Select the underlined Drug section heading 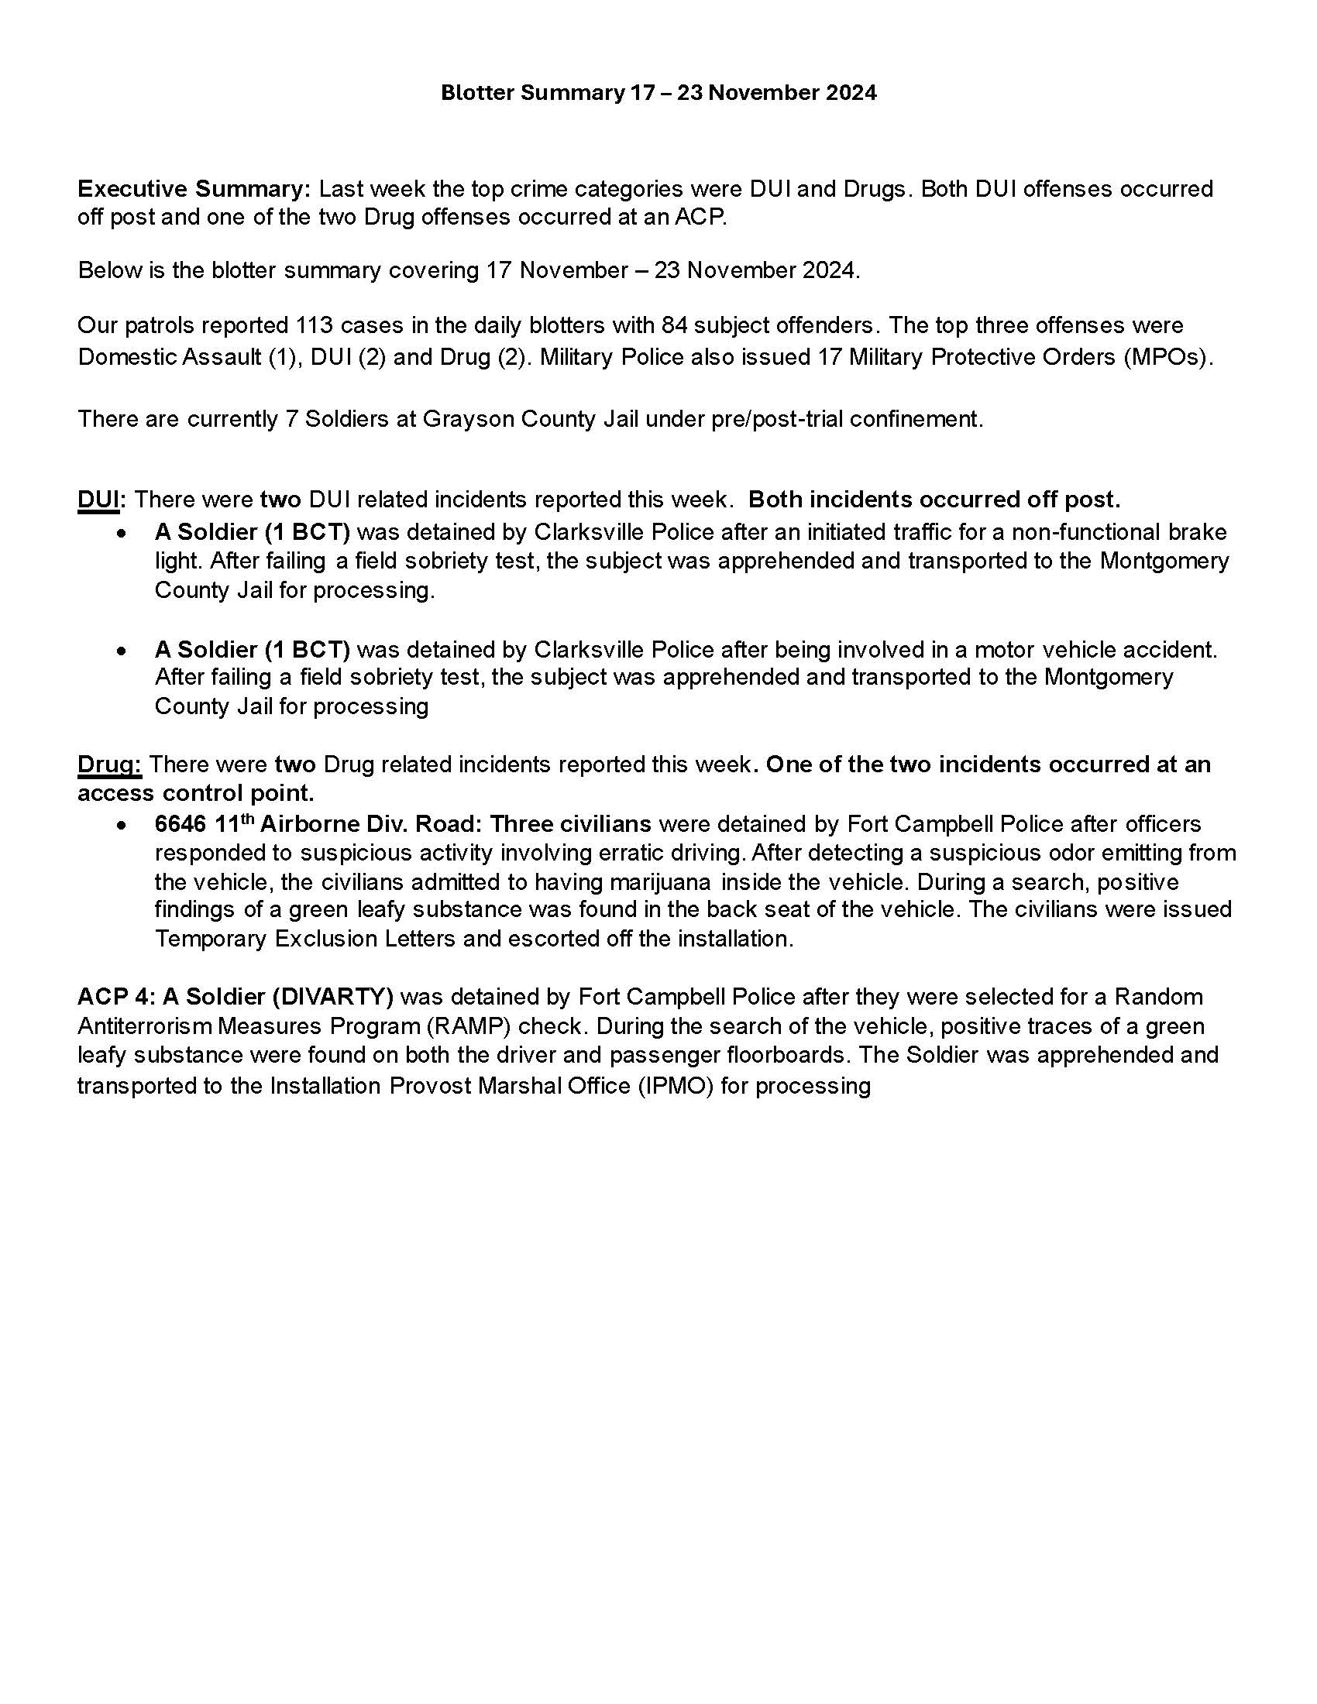click(x=108, y=764)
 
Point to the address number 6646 click(x=181, y=825)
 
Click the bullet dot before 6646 click(x=121, y=826)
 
